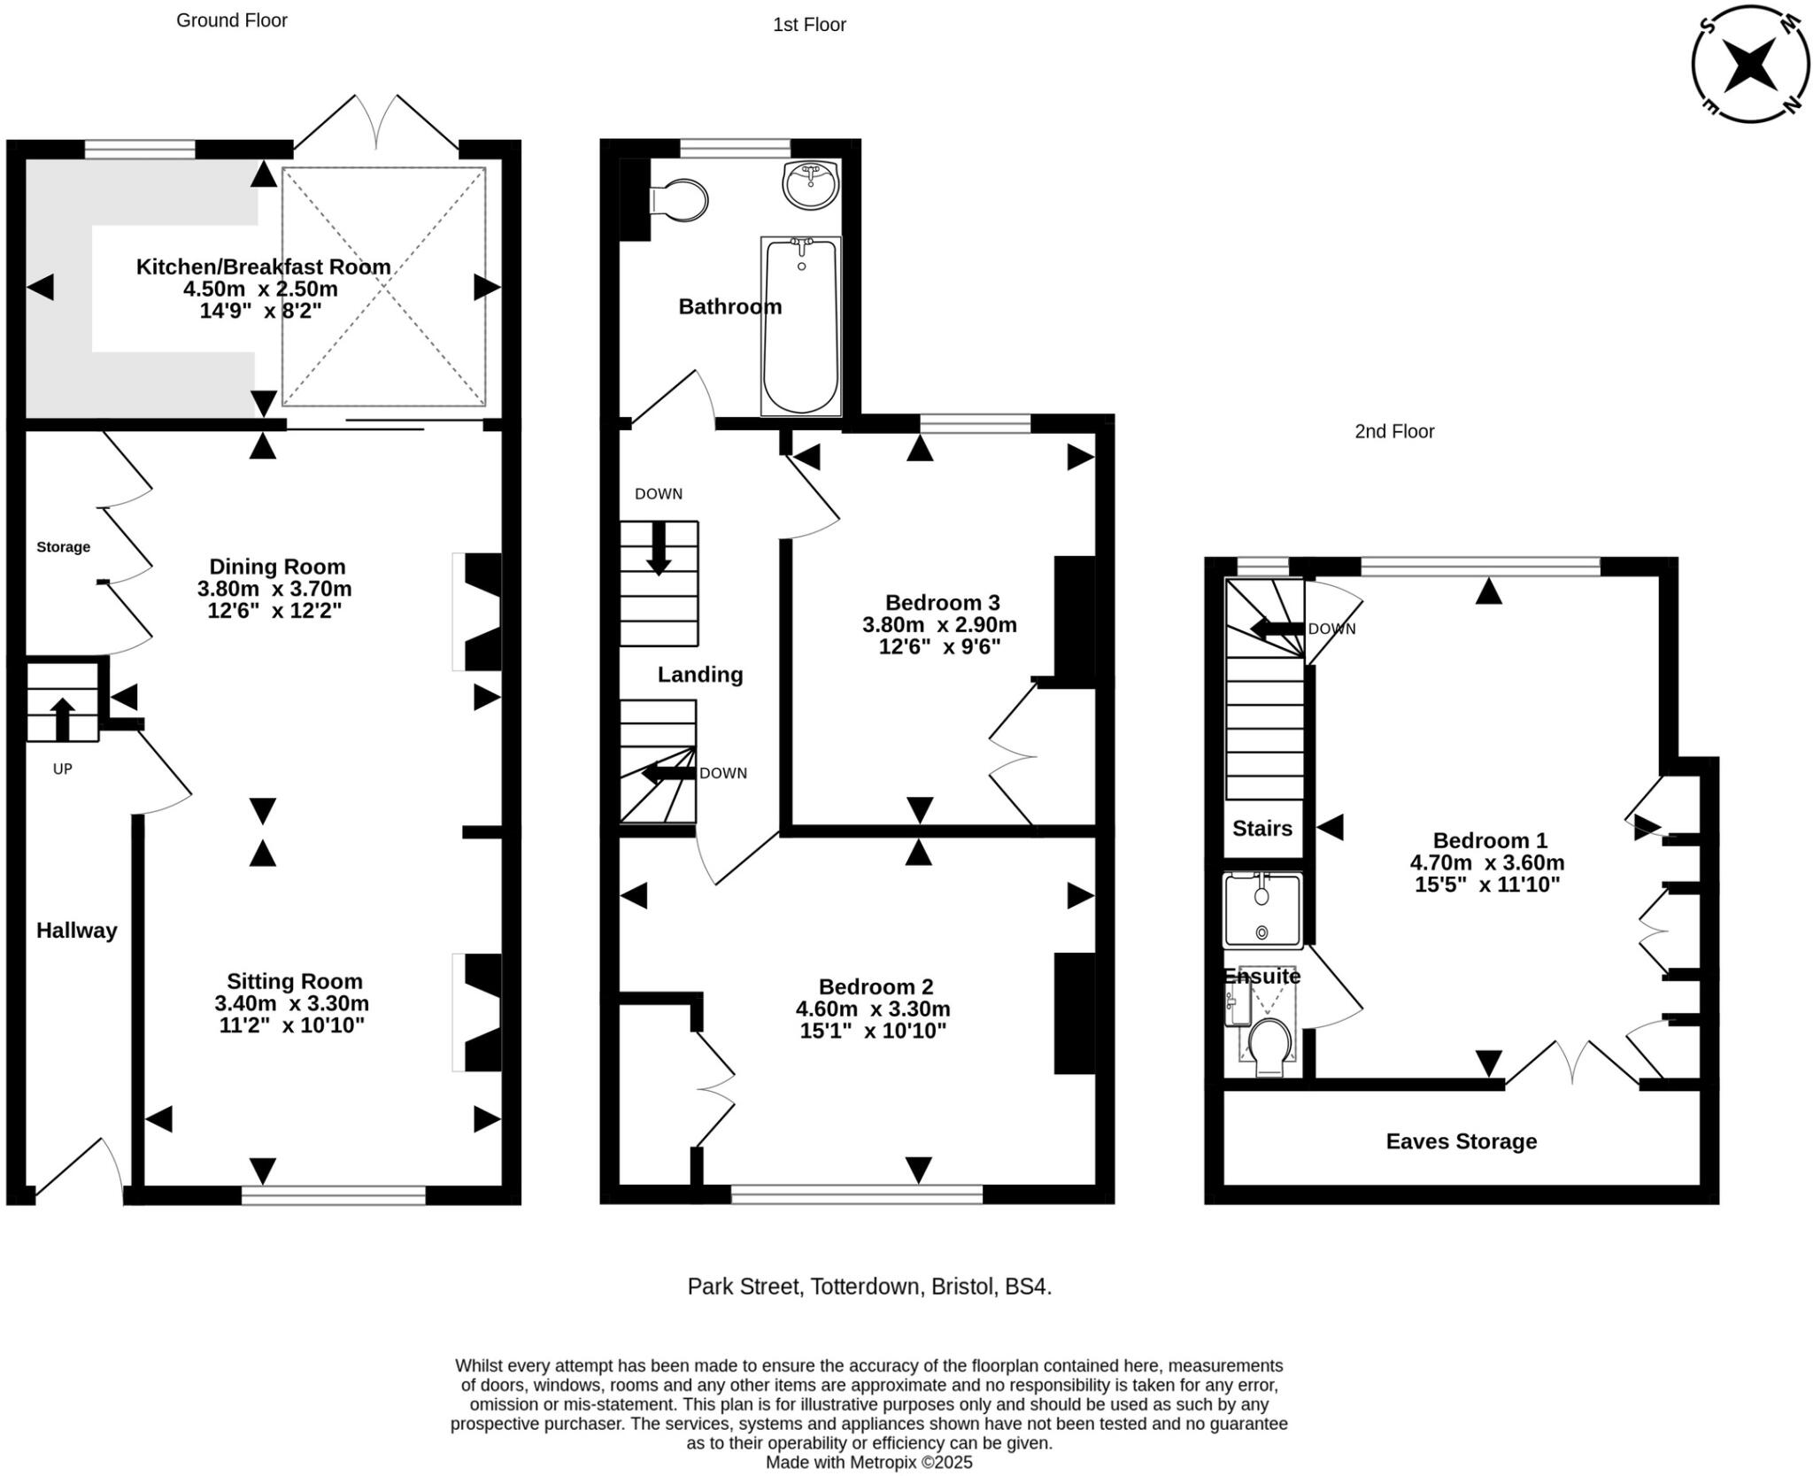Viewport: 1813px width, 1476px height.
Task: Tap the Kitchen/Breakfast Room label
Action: coord(263,267)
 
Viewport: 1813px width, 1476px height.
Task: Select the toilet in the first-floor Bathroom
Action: coord(680,201)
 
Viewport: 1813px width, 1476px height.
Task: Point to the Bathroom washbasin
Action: coord(810,185)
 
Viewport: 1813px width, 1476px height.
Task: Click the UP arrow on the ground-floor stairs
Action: coord(62,718)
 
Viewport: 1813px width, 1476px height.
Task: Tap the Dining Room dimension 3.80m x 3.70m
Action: coord(274,589)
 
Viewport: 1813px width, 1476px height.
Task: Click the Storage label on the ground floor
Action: coord(63,547)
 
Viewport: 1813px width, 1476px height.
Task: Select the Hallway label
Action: coord(77,931)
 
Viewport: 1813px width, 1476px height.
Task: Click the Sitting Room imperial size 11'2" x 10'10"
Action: coord(292,1025)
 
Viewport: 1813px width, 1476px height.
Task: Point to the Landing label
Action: coord(700,675)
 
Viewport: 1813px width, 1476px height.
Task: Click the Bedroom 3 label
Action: coord(942,603)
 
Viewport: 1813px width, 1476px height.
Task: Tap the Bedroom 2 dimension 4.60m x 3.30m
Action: coord(873,1008)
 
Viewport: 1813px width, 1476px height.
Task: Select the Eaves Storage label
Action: coord(1461,1141)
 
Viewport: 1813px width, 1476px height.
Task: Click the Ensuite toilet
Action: coord(1269,1046)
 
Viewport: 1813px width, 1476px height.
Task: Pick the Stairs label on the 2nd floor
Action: coord(1262,829)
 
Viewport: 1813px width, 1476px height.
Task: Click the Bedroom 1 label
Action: coord(1489,840)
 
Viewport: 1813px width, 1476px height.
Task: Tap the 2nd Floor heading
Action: coord(1394,431)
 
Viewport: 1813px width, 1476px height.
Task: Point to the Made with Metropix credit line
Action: coord(868,1463)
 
